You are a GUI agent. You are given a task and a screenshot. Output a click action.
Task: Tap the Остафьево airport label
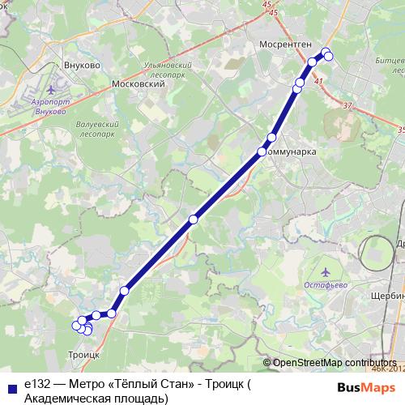[326, 284]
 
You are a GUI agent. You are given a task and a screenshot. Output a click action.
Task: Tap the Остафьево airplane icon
[326, 272]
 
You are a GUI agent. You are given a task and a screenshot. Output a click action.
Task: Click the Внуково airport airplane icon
[53, 88]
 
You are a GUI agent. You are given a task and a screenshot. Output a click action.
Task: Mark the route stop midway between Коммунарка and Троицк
[193, 219]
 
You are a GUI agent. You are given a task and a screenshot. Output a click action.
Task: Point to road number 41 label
[318, 82]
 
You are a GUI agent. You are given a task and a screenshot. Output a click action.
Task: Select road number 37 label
[347, 105]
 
